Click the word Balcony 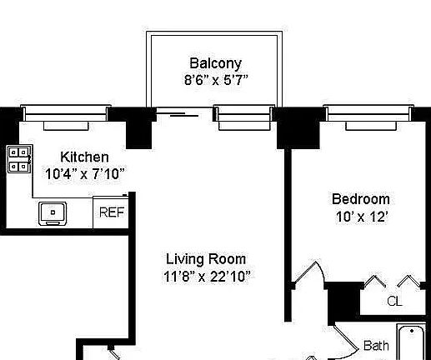[x=215, y=63]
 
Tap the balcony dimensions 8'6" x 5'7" [x=216, y=80]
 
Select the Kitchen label [x=84, y=157]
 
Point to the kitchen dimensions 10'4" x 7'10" [x=84, y=174]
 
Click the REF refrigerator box [x=111, y=212]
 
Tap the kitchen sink [x=53, y=213]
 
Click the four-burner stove [x=18, y=159]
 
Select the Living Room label [x=206, y=259]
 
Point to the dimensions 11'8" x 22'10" [x=207, y=277]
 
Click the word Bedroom [x=361, y=199]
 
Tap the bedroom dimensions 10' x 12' [x=362, y=217]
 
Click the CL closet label [x=394, y=301]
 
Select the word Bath [x=376, y=346]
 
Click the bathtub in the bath [x=411, y=342]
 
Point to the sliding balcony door [x=184, y=112]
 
